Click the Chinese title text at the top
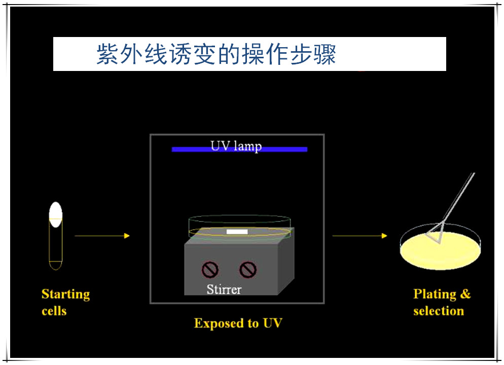[x=217, y=54]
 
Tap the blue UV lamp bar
[x=188, y=150]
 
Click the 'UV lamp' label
[x=236, y=146]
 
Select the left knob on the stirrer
[x=209, y=269]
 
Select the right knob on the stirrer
[x=248, y=269]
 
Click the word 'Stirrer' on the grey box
[x=224, y=289]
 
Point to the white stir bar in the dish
[x=237, y=232]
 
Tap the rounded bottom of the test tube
[x=55, y=265]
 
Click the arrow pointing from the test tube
[x=102, y=236]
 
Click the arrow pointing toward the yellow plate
[x=359, y=236]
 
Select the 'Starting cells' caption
[x=65, y=302]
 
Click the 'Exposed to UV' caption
[x=238, y=323]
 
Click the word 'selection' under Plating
[x=439, y=311]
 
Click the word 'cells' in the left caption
[x=54, y=311]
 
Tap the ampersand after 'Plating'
[x=465, y=294]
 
